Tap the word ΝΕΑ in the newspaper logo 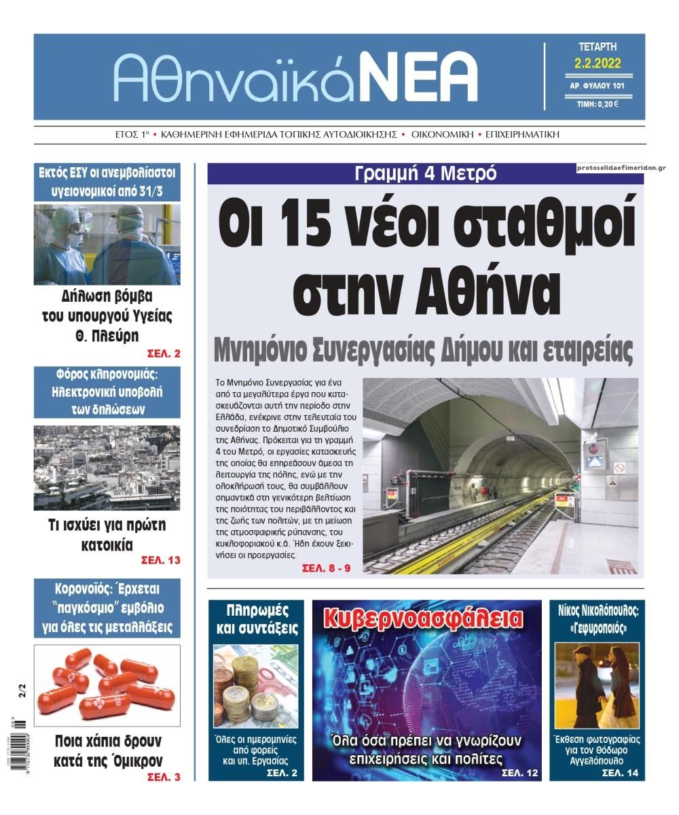tap(418, 77)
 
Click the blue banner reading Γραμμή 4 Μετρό tap(425, 173)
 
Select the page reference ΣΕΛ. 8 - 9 tap(326, 568)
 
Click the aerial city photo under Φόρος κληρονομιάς tap(107, 468)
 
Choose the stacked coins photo tap(255, 687)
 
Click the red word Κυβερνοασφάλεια tap(424, 619)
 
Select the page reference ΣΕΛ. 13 tap(160, 560)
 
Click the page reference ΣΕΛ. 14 tap(620, 773)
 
